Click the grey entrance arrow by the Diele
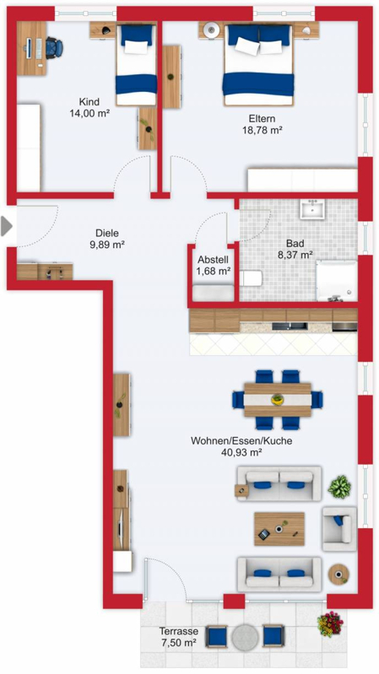point(6,226)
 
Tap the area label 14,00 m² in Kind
point(89,113)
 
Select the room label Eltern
point(262,119)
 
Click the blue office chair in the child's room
point(54,48)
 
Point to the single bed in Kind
point(136,64)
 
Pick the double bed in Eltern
point(258,65)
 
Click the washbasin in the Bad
point(313,208)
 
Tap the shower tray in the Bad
point(337,281)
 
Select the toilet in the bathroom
point(251,278)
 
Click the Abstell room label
point(213,260)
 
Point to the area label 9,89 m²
point(106,245)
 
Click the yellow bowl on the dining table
point(278,400)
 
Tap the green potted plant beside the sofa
point(339,486)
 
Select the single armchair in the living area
point(339,528)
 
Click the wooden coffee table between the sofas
point(279,529)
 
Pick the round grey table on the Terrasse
point(245,637)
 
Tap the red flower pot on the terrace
point(330,623)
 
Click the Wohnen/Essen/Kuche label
point(241,440)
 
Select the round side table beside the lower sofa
point(338,574)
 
